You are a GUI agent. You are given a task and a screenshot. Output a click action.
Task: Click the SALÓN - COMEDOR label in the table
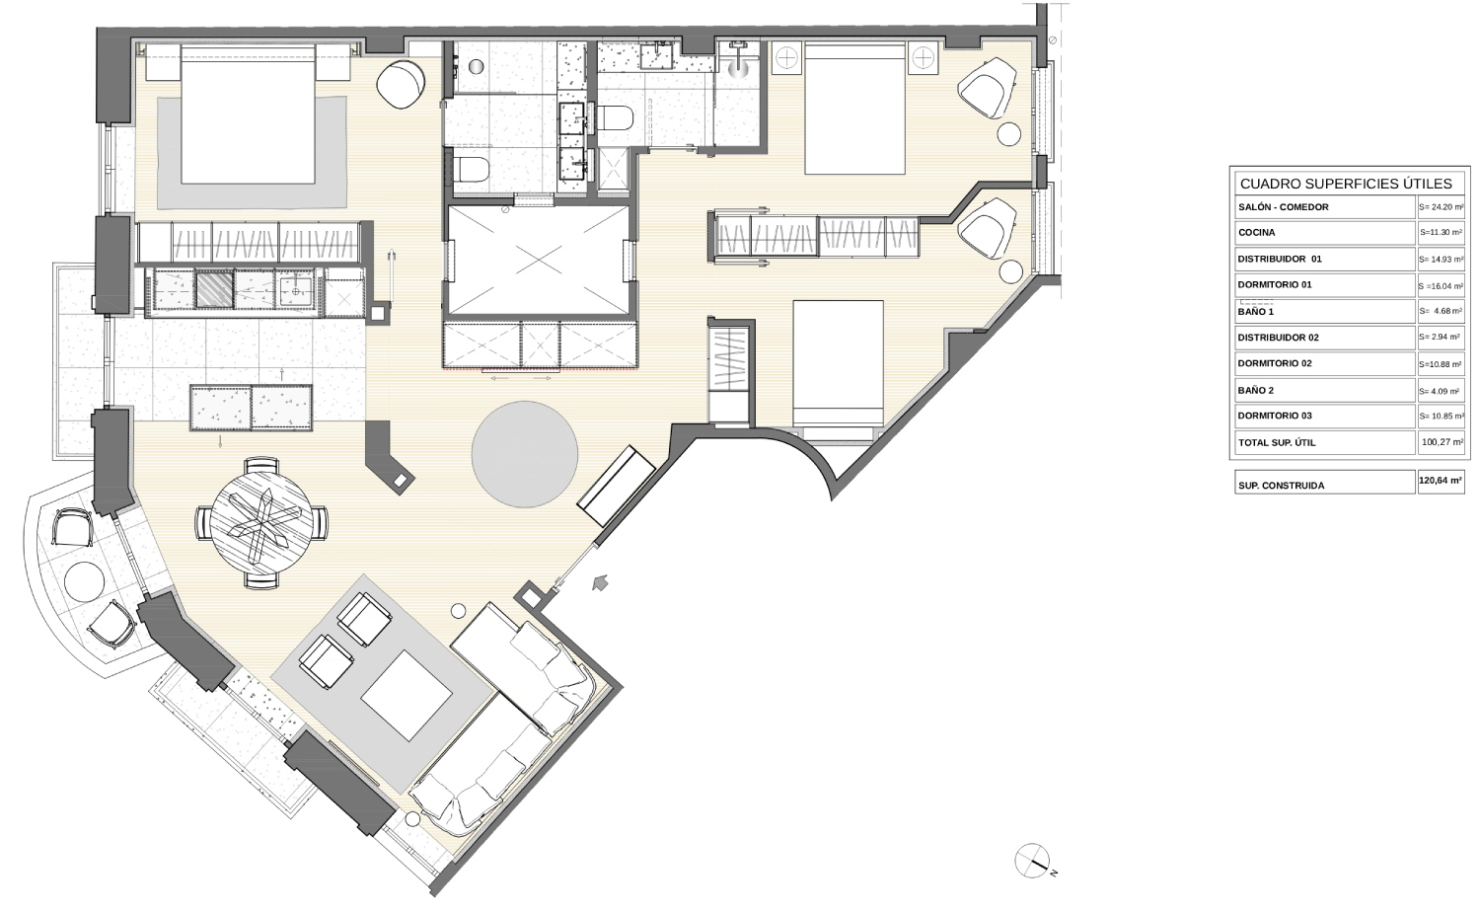click(x=1283, y=207)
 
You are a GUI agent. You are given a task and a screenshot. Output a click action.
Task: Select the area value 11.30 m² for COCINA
click(x=1441, y=233)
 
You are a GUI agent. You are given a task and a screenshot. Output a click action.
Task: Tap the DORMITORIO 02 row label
click(x=1275, y=363)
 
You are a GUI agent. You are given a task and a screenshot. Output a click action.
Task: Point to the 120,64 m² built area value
click(x=1441, y=481)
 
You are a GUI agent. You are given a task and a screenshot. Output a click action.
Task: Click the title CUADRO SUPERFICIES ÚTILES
click(x=1346, y=184)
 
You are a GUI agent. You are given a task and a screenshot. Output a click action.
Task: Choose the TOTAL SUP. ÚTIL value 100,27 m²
click(x=1441, y=442)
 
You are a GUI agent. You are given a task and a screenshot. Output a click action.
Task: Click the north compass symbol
click(x=1033, y=861)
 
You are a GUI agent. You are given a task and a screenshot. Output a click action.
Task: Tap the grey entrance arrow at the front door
click(x=600, y=581)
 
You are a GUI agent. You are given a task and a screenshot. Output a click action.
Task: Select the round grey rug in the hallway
click(x=525, y=454)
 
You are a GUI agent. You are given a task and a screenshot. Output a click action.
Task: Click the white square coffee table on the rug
click(x=407, y=695)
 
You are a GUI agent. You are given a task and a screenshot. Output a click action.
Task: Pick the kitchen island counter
click(x=251, y=408)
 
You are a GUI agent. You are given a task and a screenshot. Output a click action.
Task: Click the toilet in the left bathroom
click(x=472, y=171)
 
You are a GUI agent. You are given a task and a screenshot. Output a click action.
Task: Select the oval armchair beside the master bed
click(x=401, y=85)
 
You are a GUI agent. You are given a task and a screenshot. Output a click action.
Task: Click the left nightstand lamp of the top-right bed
click(x=787, y=58)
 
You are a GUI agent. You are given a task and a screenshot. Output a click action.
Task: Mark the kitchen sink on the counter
click(x=294, y=289)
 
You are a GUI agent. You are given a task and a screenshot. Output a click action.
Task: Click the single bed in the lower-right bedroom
click(x=839, y=363)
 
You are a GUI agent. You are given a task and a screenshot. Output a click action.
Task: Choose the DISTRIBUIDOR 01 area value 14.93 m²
click(x=1441, y=259)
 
